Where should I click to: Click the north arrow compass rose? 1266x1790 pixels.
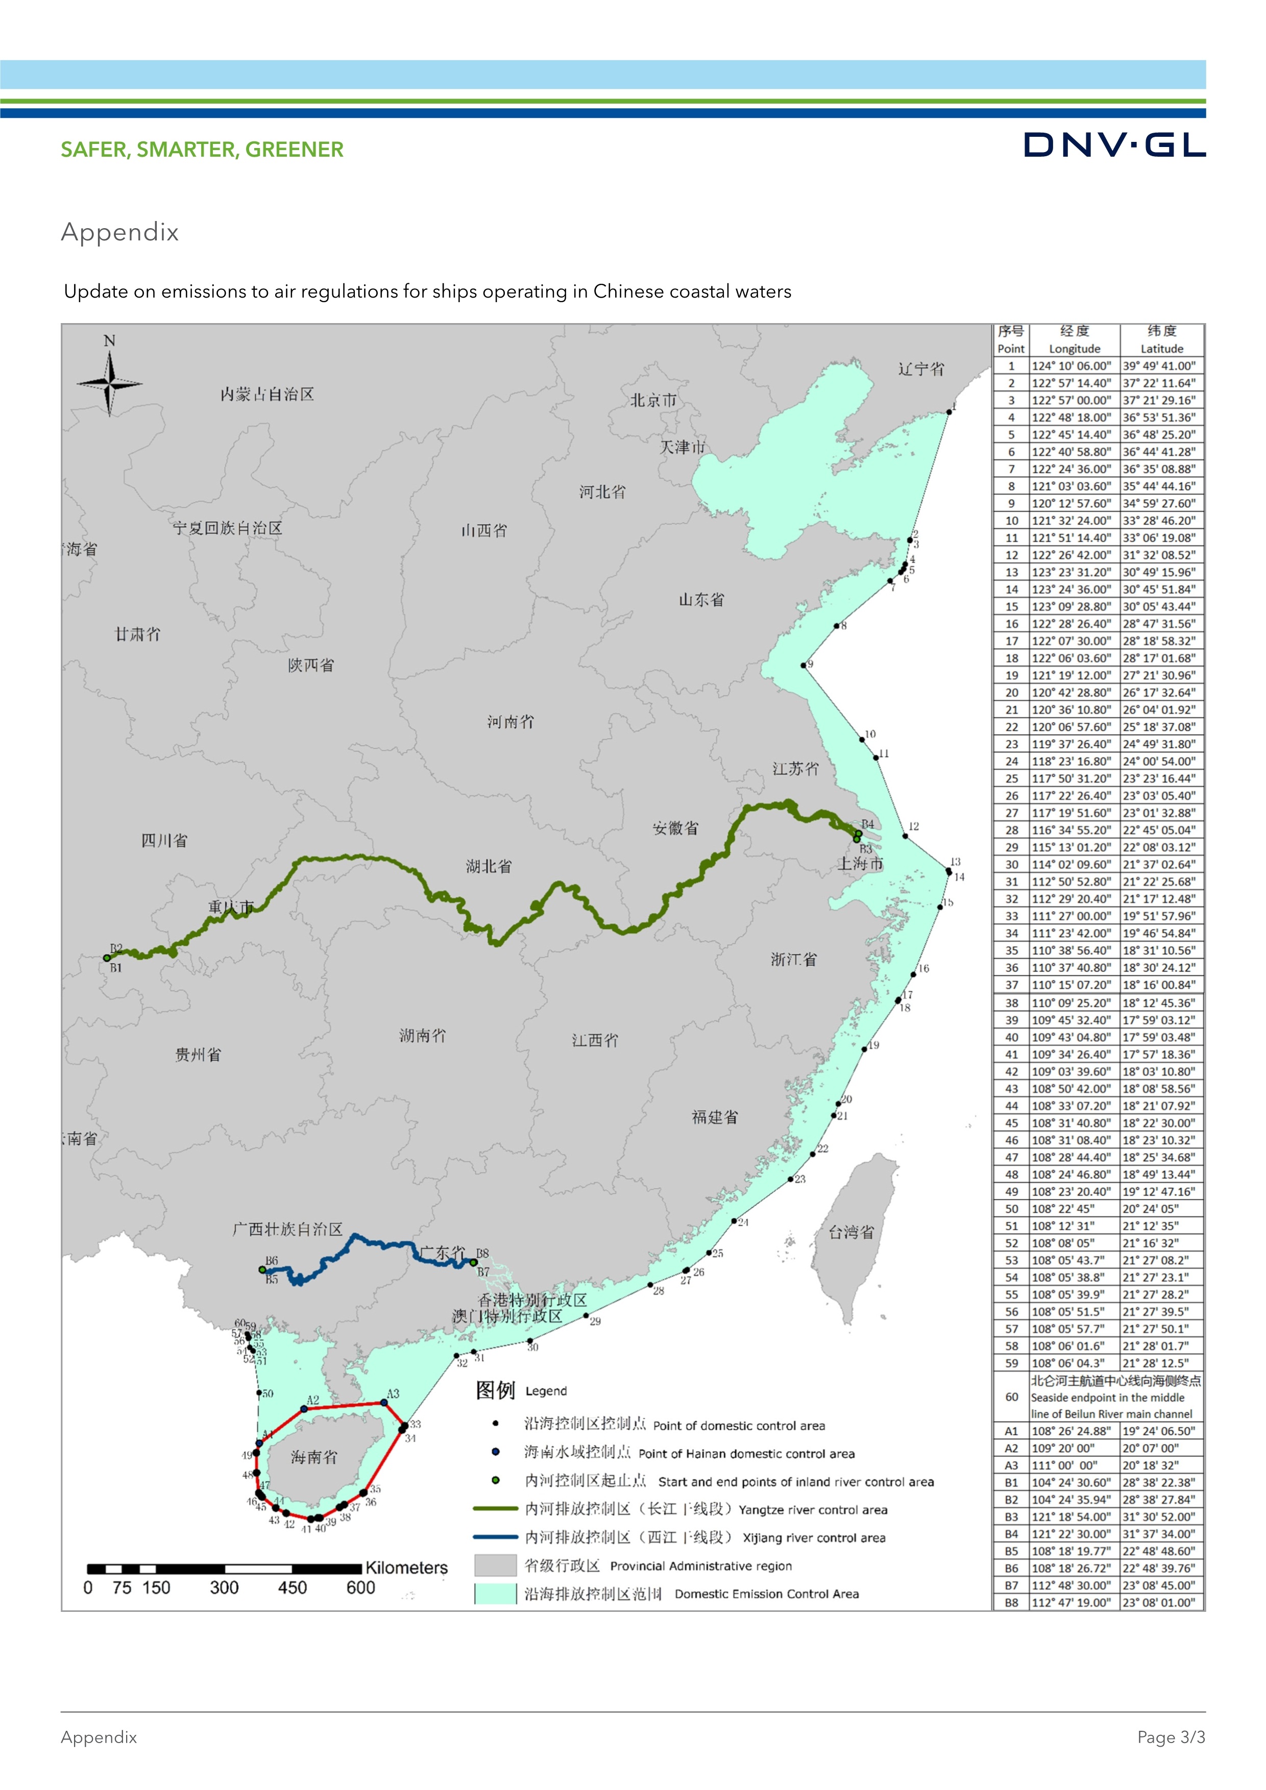pos(109,383)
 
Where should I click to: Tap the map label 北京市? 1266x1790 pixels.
pos(653,401)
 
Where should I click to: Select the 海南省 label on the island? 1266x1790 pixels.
pos(314,1457)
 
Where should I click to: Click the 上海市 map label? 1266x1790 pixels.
pos(861,864)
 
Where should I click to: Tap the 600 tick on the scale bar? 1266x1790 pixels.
pos(360,1588)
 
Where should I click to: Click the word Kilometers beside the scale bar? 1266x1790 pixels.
pos(406,1568)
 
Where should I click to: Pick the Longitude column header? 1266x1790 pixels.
pos(1074,349)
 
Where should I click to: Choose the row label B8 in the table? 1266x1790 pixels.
pos(1011,1602)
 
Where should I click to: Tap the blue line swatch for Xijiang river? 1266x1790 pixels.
pos(495,1537)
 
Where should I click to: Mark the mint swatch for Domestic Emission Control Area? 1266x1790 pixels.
pos(495,1593)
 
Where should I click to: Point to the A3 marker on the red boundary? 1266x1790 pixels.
pos(383,1403)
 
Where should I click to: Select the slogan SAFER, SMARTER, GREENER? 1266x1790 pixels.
pos(202,150)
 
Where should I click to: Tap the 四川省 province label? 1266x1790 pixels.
pos(164,841)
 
